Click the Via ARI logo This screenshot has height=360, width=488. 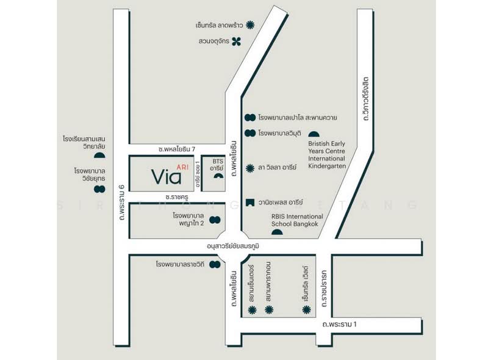(x=167, y=175)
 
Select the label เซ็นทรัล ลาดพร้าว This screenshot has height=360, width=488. (x=220, y=25)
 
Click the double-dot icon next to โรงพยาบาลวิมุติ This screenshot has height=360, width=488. (x=249, y=132)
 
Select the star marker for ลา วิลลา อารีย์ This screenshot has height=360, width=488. (x=249, y=167)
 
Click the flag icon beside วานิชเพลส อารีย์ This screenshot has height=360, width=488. (x=249, y=202)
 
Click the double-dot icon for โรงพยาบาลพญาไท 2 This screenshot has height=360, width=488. (x=215, y=220)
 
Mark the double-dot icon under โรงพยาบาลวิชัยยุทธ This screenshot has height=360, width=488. (x=99, y=190)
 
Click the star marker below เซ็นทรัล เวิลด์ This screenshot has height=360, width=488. (x=306, y=310)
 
